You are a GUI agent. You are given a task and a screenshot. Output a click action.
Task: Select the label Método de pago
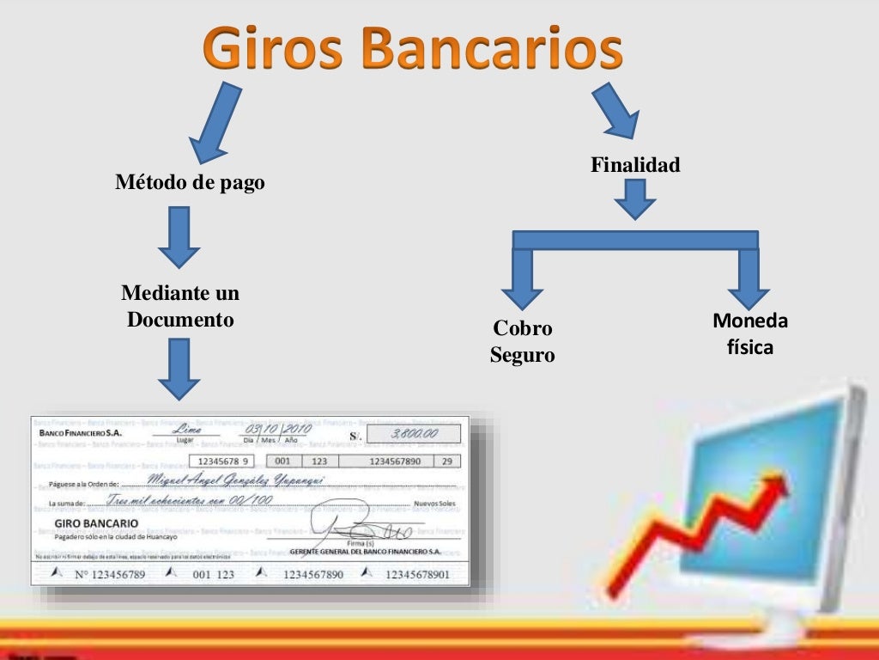[191, 182]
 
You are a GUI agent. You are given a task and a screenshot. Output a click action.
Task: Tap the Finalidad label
[635, 164]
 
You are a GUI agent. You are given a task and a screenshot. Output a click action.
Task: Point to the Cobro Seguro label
[522, 341]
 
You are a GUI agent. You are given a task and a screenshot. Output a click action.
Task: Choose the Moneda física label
[750, 334]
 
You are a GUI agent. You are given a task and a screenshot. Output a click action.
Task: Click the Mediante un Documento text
[180, 306]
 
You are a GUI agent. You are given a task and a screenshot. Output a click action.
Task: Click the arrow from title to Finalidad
[615, 110]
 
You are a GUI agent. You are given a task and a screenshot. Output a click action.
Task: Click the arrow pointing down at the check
[179, 368]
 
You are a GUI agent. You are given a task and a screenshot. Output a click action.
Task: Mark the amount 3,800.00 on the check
[414, 434]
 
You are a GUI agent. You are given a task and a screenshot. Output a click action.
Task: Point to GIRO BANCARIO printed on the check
[95, 522]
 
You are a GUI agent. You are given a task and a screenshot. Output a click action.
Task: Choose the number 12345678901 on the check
[417, 574]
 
